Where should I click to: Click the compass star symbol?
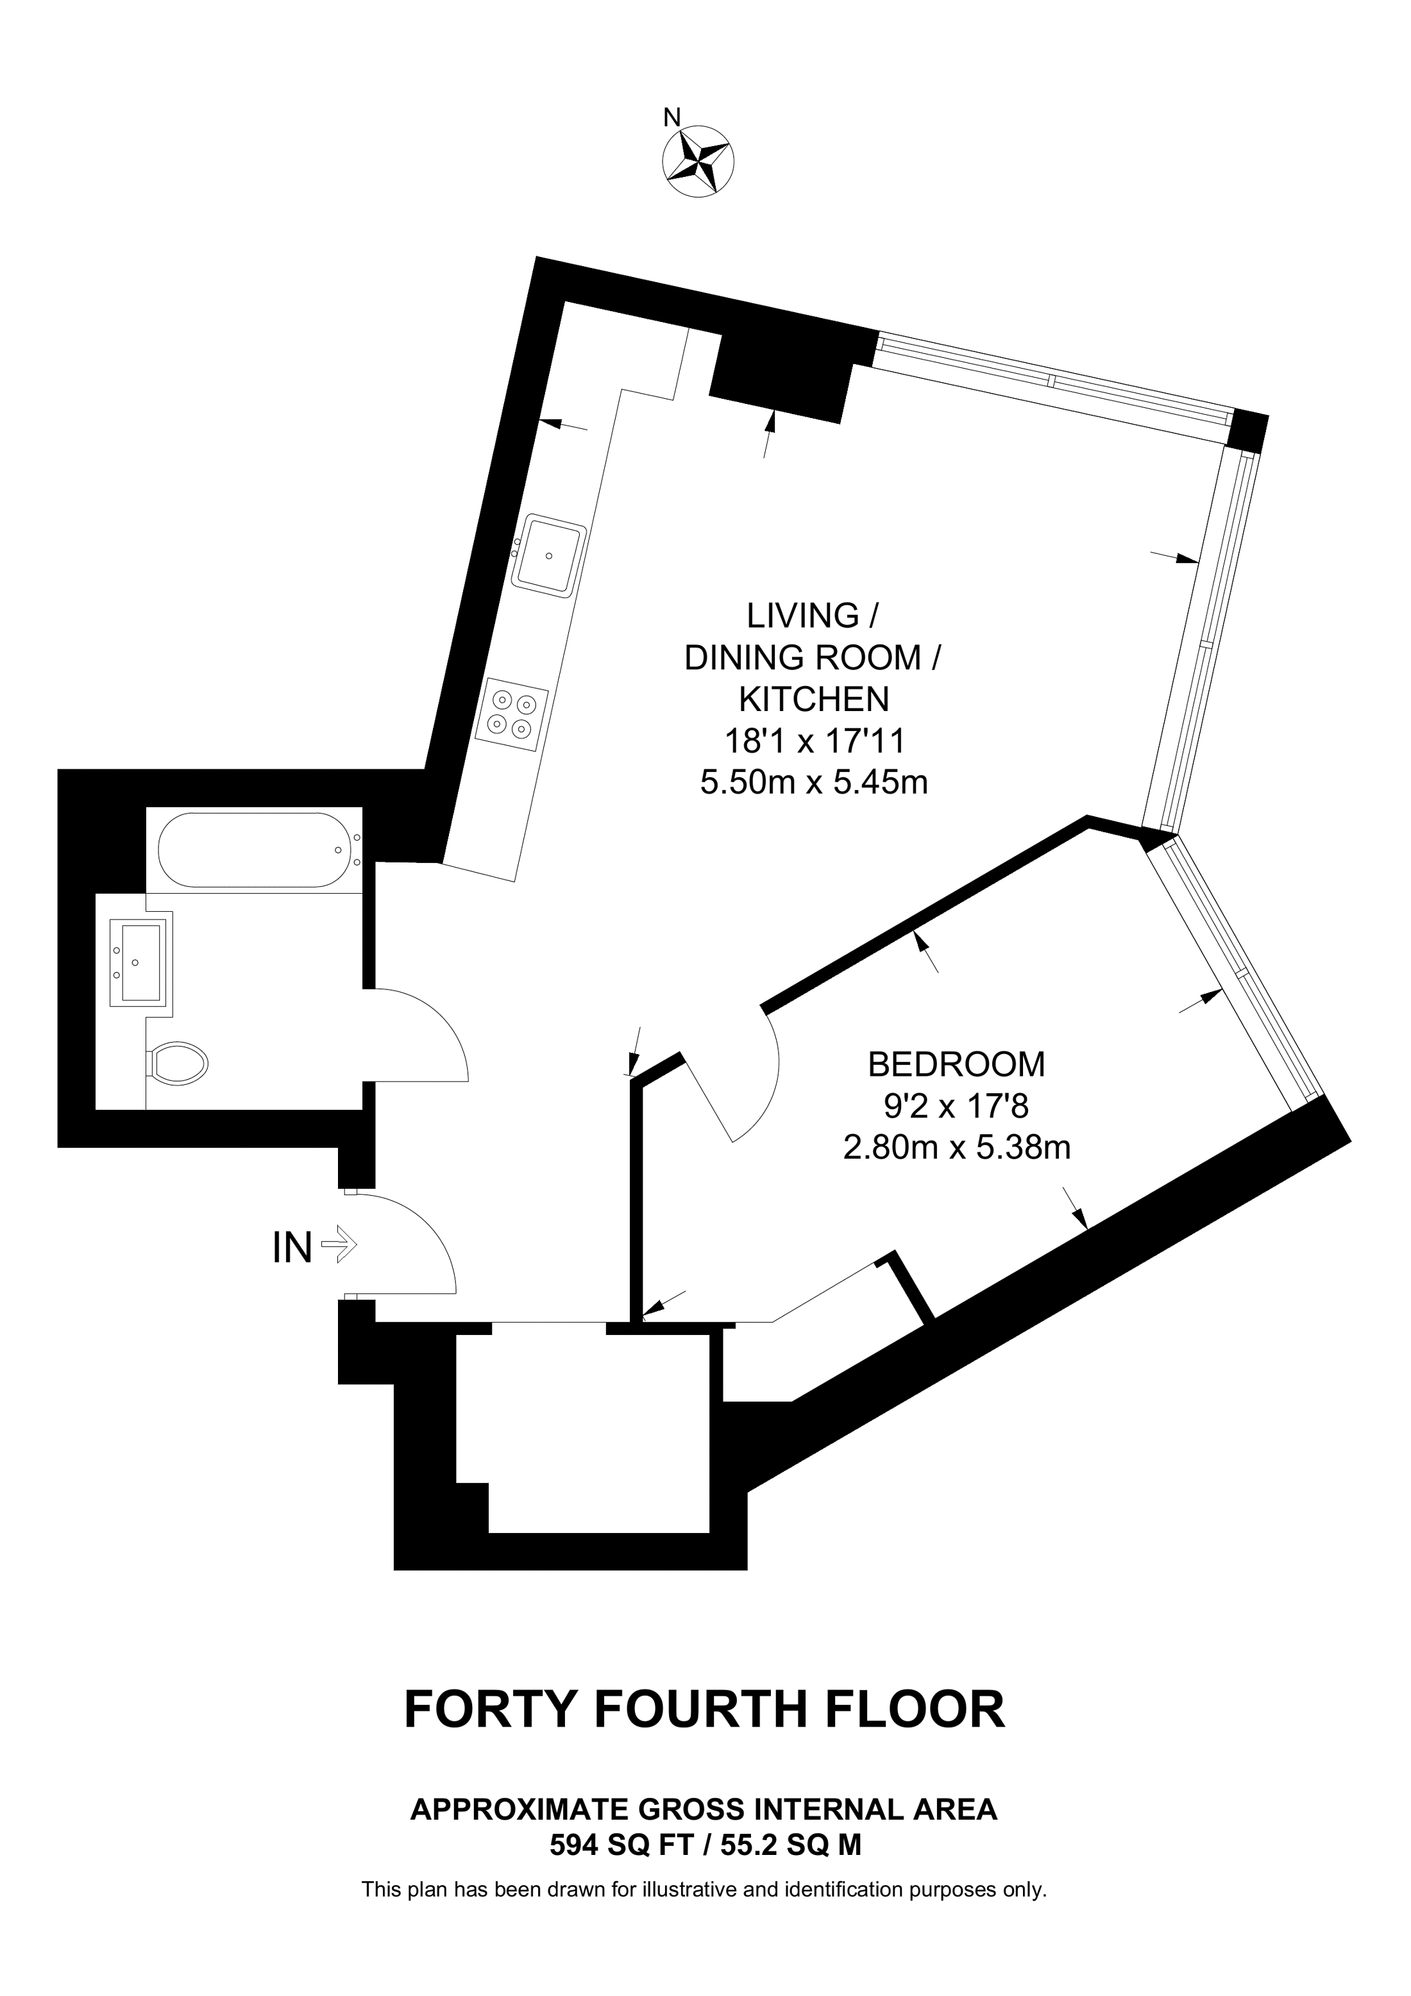tap(698, 161)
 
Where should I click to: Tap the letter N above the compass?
tap(671, 117)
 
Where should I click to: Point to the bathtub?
tap(253, 850)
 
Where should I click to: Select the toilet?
tap(180, 1062)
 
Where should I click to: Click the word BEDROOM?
tap(956, 1064)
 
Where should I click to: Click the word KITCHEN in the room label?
tap(814, 699)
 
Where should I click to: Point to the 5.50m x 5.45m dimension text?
tap(814, 782)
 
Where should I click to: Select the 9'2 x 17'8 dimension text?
tap(956, 1106)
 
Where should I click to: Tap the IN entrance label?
tap(292, 1248)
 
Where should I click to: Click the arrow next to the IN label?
tap(340, 1248)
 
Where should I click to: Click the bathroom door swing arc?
tap(435, 1034)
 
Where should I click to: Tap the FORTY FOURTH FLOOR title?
tap(704, 1709)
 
